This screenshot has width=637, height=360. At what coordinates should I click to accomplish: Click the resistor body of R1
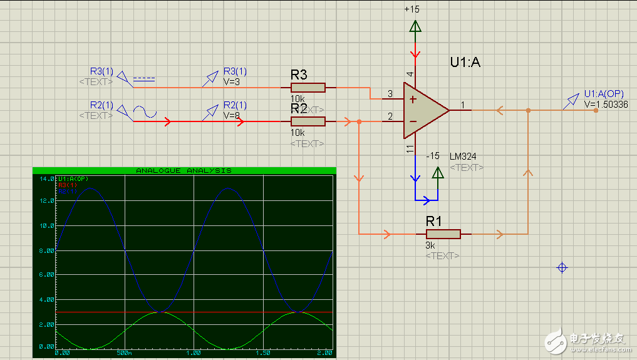[443, 234]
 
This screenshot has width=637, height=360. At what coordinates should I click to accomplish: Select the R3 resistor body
[308, 88]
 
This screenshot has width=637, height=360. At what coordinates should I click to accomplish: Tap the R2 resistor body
[308, 121]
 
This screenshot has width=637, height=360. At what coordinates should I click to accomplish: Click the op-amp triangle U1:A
[423, 110]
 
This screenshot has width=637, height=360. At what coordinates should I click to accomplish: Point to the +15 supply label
[413, 9]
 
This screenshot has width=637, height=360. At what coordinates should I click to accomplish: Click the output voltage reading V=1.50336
[606, 104]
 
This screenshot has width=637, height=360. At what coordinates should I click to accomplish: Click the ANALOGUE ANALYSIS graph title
[184, 170]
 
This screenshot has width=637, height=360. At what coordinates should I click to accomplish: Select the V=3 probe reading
[232, 81]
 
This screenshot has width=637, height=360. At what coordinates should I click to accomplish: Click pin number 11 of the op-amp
[410, 148]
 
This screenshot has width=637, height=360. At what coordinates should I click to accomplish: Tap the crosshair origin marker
[562, 268]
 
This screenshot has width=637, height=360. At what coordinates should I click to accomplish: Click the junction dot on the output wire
[528, 110]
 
